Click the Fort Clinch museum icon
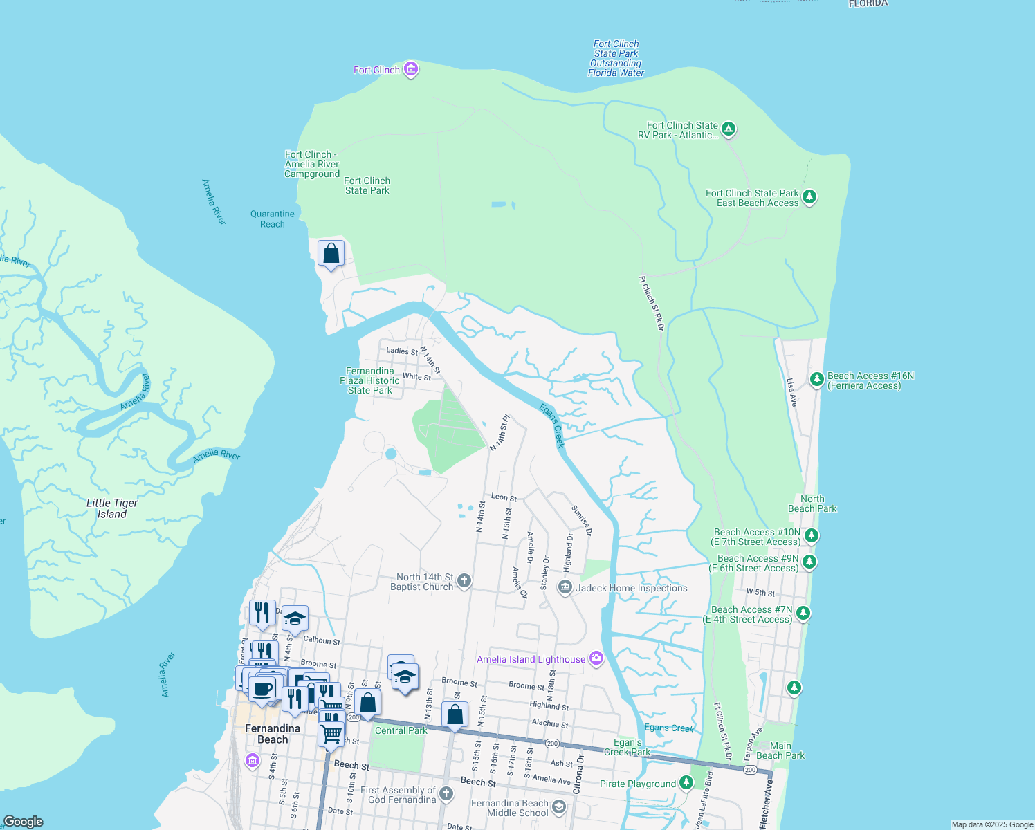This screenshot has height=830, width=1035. point(411,68)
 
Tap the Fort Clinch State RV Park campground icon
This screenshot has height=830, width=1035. point(728,129)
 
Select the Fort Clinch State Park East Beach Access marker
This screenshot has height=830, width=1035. point(809,197)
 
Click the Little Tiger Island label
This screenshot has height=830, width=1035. point(112,508)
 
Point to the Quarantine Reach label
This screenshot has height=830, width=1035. point(273,219)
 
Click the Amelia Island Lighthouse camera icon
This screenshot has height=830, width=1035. point(596,658)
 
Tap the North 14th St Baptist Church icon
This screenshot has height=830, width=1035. point(464,581)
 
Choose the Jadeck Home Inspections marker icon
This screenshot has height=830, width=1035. point(565,588)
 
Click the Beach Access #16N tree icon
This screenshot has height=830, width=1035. point(817,379)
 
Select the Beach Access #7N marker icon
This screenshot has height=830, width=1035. point(803,613)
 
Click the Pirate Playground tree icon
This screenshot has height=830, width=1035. point(686,783)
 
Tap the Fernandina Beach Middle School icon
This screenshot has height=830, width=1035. point(559,807)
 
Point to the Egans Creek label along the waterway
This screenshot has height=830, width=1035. point(552,425)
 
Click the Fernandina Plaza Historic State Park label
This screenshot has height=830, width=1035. point(369,380)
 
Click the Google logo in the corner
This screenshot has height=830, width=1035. point(24,821)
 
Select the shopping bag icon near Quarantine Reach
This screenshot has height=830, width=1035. point(331,253)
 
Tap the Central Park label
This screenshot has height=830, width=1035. point(401,730)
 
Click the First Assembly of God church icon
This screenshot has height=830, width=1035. point(446,794)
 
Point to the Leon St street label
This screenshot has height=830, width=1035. point(504,497)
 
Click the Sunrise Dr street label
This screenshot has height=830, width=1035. point(582,520)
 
